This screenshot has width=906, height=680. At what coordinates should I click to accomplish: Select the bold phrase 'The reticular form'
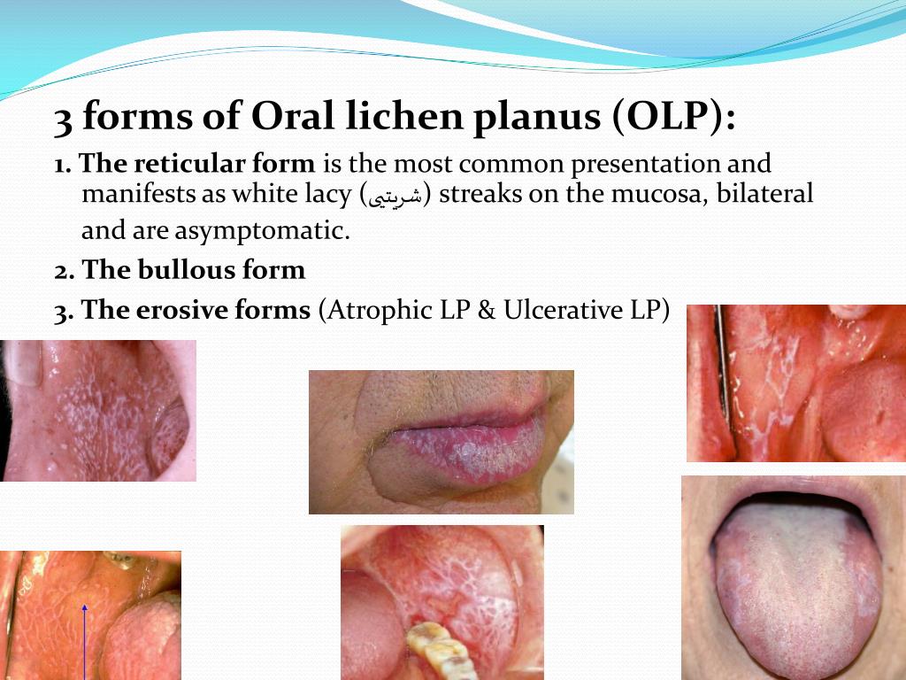[196, 164]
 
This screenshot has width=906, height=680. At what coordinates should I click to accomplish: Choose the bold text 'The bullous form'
[194, 270]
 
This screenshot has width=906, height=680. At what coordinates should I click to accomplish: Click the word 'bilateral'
[764, 194]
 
